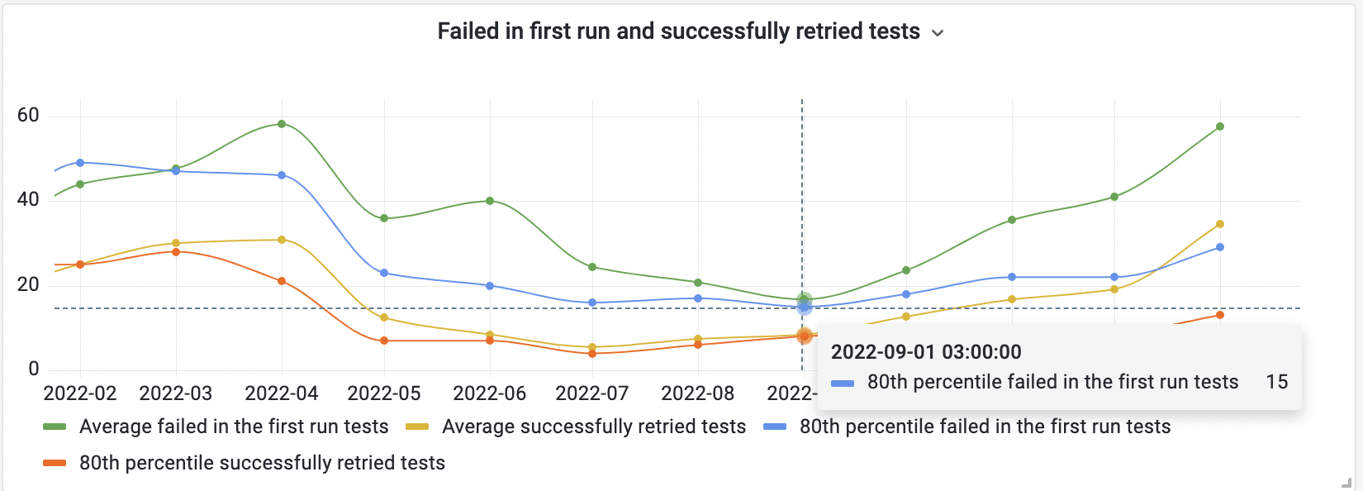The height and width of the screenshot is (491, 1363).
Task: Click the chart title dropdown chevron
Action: click(x=938, y=33)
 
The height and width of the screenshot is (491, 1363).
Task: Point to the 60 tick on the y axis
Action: click(x=28, y=115)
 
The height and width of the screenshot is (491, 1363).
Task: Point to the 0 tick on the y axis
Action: click(x=34, y=369)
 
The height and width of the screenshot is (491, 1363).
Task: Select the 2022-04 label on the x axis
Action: click(x=282, y=393)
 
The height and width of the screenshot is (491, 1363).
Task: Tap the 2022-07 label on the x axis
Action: click(x=592, y=393)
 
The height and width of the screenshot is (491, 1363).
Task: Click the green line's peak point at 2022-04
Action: click(x=282, y=124)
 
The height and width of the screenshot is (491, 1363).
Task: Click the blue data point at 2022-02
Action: click(x=80, y=163)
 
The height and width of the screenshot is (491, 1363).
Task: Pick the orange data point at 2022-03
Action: click(x=176, y=251)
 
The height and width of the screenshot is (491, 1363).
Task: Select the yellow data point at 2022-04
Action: click(x=282, y=240)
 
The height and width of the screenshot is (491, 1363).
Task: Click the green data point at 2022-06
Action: click(x=490, y=201)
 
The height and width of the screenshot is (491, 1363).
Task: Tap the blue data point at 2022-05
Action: click(x=384, y=273)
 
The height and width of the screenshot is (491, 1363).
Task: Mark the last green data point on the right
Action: click(x=1220, y=126)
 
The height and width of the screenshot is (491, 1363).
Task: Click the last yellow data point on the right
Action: click(x=1220, y=224)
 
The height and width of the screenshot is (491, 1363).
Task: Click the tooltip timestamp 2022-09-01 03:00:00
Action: click(x=926, y=352)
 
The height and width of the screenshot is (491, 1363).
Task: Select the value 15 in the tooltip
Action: click(x=1276, y=382)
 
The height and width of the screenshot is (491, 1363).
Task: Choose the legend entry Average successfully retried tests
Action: click(x=593, y=427)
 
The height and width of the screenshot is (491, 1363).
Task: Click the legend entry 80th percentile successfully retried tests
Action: click(x=262, y=463)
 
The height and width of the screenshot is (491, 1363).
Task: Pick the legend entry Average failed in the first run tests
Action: click(x=234, y=427)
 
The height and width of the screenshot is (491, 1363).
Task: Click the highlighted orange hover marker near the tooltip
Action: click(x=804, y=336)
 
